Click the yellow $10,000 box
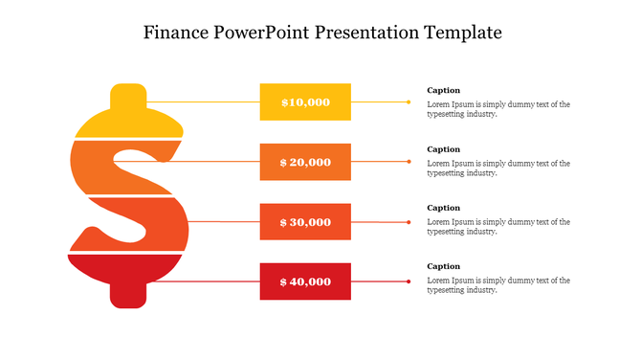(305, 101)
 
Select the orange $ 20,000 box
(305, 162)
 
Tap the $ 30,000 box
(305, 222)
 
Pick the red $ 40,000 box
(305, 281)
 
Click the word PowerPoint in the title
(264, 33)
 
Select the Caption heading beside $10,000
(443, 90)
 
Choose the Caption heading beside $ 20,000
(443, 149)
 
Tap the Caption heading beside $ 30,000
(443, 208)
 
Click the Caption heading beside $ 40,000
(443, 266)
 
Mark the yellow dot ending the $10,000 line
(409, 101)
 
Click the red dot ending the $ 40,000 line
(409, 281)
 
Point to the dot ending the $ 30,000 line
(409, 222)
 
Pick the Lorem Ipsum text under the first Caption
(497, 109)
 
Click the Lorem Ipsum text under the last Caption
(497, 285)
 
